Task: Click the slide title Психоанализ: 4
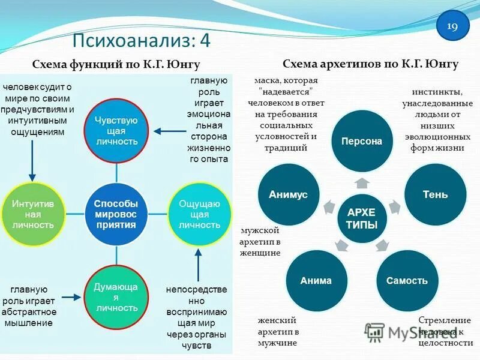142,41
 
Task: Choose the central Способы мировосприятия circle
116,214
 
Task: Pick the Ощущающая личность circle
199,214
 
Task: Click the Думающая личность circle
116,297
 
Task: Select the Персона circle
362,142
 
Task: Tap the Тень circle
435,194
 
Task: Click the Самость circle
407,280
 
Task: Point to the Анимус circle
289,194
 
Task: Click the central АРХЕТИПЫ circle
362,218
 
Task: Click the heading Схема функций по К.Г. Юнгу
116,64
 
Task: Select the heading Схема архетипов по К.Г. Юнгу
370,64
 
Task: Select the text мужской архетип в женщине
260,241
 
